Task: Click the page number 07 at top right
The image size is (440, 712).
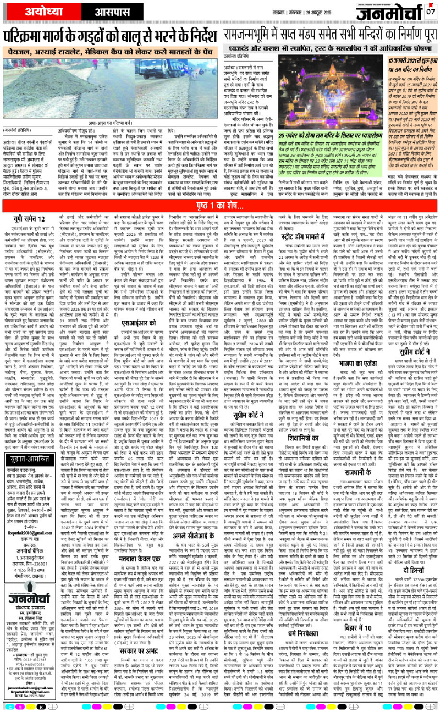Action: click(431, 11)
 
